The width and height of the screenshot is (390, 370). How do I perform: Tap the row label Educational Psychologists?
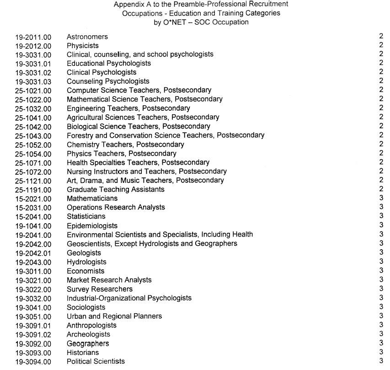click(109, 63)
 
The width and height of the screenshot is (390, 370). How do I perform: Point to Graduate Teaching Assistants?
click(116, 189)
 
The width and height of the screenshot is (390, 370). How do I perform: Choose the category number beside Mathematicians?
click(380, 198)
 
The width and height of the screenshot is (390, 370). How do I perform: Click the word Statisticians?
click(86, 216)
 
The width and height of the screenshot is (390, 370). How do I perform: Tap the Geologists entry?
click(84, 252)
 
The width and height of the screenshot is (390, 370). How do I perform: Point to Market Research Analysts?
click(109, 280)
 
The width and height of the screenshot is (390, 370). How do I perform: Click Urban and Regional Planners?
click(114, 316)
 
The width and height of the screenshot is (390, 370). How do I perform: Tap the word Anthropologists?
click(91, 325)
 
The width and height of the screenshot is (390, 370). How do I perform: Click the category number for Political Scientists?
click(380, 361)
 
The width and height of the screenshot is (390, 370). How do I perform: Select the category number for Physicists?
click(380, 45)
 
